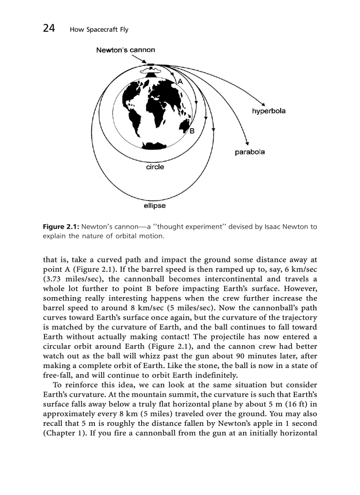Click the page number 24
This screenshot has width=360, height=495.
click(49, 29)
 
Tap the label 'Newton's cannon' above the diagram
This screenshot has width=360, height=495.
click(126, 50)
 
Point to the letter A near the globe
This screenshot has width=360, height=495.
click(180, 82)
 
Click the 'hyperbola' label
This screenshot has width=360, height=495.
click(268, 111)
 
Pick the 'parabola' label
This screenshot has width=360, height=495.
click(250, 152)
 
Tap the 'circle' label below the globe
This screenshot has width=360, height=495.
click(155, 167)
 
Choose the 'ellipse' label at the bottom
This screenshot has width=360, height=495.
click(155, 205)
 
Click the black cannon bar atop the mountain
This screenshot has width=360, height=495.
click(151, 65)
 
